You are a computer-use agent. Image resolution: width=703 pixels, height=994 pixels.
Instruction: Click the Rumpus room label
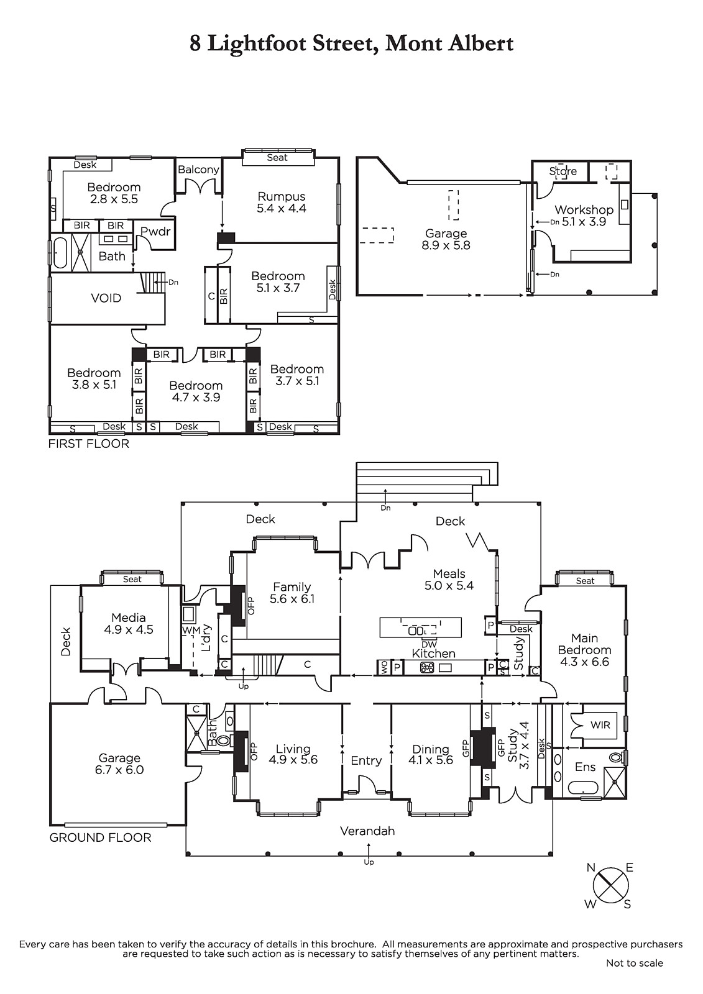tap(282, 196)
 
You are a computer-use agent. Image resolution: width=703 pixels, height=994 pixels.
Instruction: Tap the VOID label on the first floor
tap(106, 298)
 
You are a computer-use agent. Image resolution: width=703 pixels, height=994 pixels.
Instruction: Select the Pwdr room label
tap(155, 231)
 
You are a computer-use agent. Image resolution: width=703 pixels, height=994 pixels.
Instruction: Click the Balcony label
tap(198, 170)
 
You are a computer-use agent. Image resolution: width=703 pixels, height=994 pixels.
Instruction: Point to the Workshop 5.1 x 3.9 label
tap(584, 216)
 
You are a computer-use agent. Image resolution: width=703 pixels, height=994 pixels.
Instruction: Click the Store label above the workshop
tap(563, 171)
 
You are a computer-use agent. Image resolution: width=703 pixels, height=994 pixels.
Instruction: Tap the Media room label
tap(129, 618)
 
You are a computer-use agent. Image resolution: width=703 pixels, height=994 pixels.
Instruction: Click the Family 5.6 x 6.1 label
tap(292, 593)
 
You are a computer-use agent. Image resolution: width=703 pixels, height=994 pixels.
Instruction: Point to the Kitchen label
tap(433, 654)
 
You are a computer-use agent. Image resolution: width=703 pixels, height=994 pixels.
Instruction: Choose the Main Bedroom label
tap(584, 644)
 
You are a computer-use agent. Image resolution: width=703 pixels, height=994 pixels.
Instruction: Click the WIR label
tap(600, 725)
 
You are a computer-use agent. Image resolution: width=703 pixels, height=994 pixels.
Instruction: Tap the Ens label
tap(585, 767)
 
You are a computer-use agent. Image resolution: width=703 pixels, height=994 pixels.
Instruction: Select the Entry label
tap(366, 761)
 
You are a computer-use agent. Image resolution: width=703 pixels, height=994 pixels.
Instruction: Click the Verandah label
tap(367, 831)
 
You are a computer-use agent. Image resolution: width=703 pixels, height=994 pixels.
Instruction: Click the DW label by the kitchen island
tap(430, 644)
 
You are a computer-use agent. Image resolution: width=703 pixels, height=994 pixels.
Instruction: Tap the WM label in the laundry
tap(188, 630)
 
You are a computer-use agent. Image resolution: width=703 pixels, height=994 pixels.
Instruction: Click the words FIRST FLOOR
tap(89, 444)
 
